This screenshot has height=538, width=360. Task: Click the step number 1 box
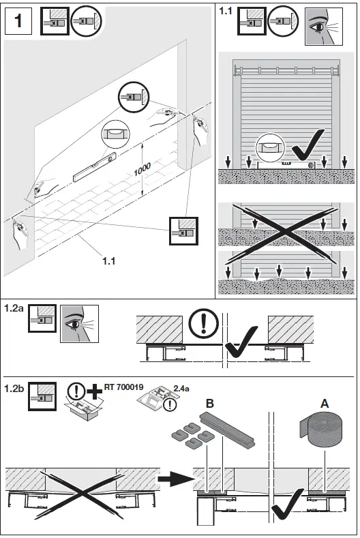pyautogui.click(x=18, y=20)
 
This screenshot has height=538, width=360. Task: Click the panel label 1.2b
pyautogui.click(x=14, y=389)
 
